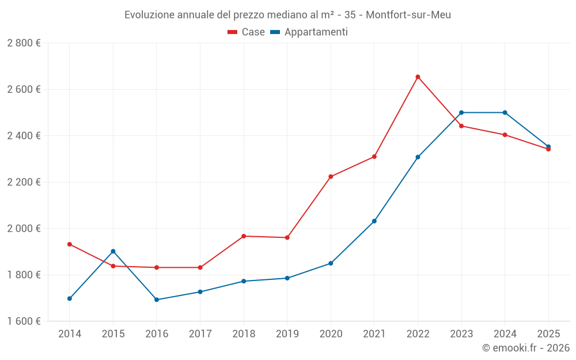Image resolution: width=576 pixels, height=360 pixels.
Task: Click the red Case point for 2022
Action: (x=418, y=77)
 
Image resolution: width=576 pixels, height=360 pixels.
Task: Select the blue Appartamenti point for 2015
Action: (x=113, y=251)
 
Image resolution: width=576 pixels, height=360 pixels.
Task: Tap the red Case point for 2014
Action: (x=70, y=244)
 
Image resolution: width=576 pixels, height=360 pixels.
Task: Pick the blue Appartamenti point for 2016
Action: (x=157, y=300)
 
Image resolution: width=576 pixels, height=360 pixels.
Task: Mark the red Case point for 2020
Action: (x=331, y=177)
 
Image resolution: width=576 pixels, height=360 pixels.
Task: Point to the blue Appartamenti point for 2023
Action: (x=461, y=112)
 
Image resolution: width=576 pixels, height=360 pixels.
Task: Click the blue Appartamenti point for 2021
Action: (x=374, y=221)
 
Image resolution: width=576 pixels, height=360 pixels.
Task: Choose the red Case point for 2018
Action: (x=244, y=236)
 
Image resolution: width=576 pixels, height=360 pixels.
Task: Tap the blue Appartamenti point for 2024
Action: (x=505, y=112)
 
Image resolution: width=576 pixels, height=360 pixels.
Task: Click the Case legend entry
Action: (x=247, y=32)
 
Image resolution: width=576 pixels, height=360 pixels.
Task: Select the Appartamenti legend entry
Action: (x=309, y=32)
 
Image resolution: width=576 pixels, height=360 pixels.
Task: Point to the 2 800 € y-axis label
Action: (x=24, y=43)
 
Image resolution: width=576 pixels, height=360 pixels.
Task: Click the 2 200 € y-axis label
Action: (x=24, y=182)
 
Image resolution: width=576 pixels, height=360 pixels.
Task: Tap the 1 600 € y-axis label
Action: (x=24, y=321)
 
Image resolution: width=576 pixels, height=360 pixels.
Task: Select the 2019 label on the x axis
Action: (x=287, y=334)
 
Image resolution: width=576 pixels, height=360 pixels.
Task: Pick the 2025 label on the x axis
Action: (x=548, y=334)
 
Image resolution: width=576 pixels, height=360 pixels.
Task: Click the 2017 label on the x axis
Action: (x=200, y=334)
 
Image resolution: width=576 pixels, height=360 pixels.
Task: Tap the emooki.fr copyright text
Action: (x=526, y=348)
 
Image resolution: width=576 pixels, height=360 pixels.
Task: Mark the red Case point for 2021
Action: (x=374, y=157)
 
